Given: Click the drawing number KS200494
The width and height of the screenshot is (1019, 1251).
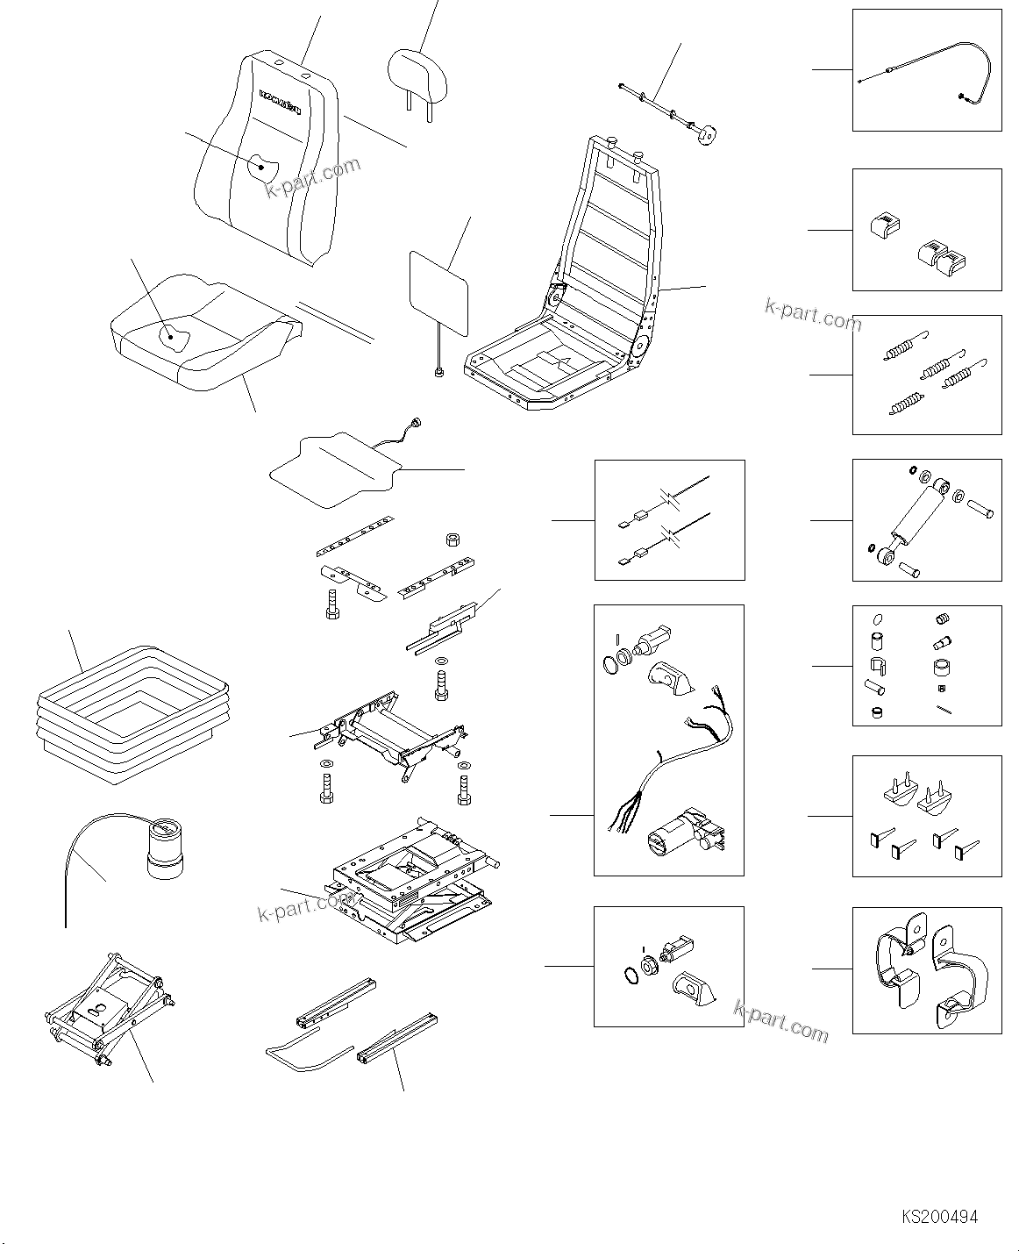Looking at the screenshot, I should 939,1217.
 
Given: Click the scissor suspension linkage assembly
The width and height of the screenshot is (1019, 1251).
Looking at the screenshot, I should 110,1009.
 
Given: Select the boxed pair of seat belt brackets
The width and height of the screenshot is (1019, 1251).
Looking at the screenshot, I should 927,969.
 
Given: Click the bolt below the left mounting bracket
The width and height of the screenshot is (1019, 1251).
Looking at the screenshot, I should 332,603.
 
